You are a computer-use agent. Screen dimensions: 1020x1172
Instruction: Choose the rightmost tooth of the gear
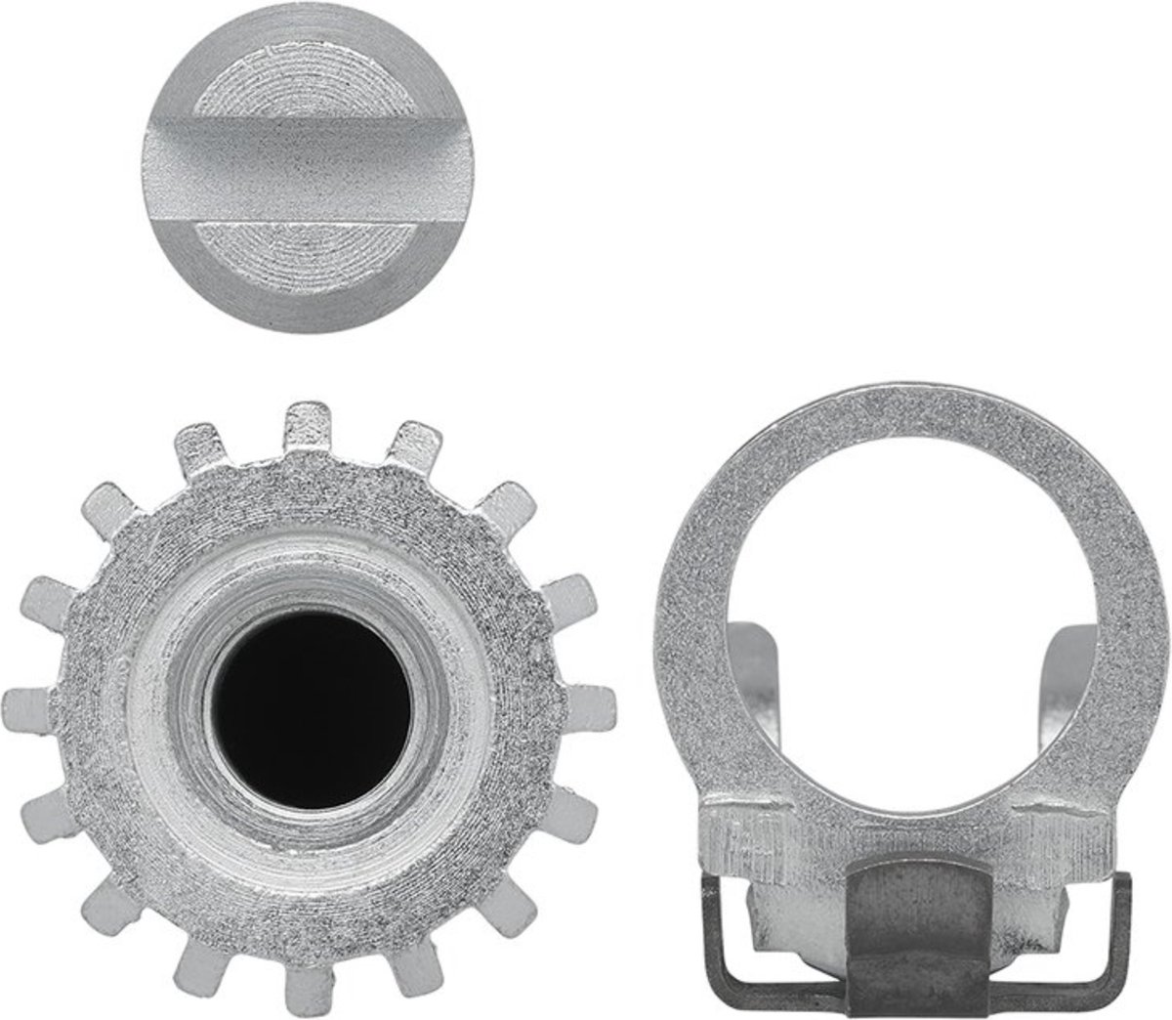point(593,705)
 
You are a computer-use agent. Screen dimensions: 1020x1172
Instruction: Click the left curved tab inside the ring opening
point(752,664)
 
